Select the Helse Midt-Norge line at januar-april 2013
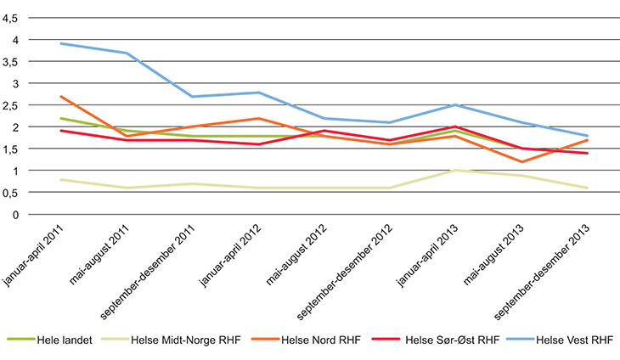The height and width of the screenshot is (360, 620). (455, 170)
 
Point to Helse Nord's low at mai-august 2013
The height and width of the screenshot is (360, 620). (521, 161)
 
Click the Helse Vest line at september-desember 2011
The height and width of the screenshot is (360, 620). (194, 97)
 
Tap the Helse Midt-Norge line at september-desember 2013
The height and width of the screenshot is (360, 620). (586, 188)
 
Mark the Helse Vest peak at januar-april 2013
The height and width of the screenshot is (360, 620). (455, 105)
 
